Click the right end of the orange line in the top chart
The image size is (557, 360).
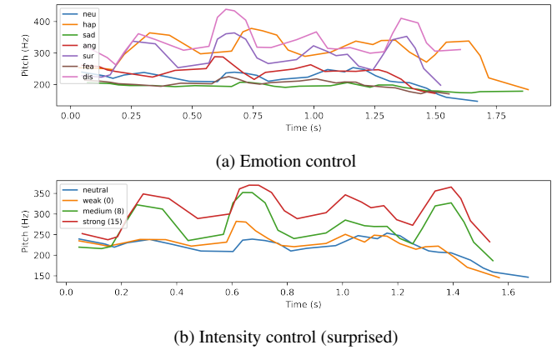pyautogui.click(x=528, y=89)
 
